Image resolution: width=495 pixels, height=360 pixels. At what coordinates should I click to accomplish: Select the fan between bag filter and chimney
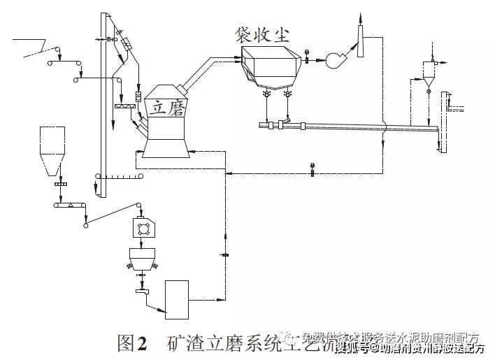pos(336,60)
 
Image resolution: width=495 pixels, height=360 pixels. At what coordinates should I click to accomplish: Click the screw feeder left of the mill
pos(124,106)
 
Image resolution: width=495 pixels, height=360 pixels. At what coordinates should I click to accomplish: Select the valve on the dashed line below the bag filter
pos(310,166)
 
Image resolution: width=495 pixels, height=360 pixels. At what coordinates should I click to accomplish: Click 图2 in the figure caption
pos(132,343)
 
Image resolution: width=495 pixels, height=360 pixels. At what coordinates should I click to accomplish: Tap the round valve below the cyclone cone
pos(427,91)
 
